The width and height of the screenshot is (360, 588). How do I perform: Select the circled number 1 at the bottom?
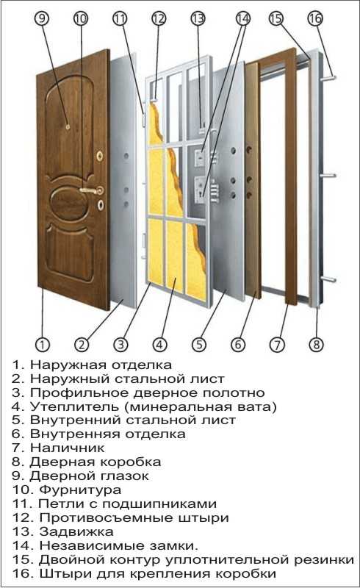[x=43, y=343]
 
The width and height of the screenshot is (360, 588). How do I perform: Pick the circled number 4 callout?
[x=159, y=343]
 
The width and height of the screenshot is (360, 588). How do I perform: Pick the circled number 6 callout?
[x=238, y=343]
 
